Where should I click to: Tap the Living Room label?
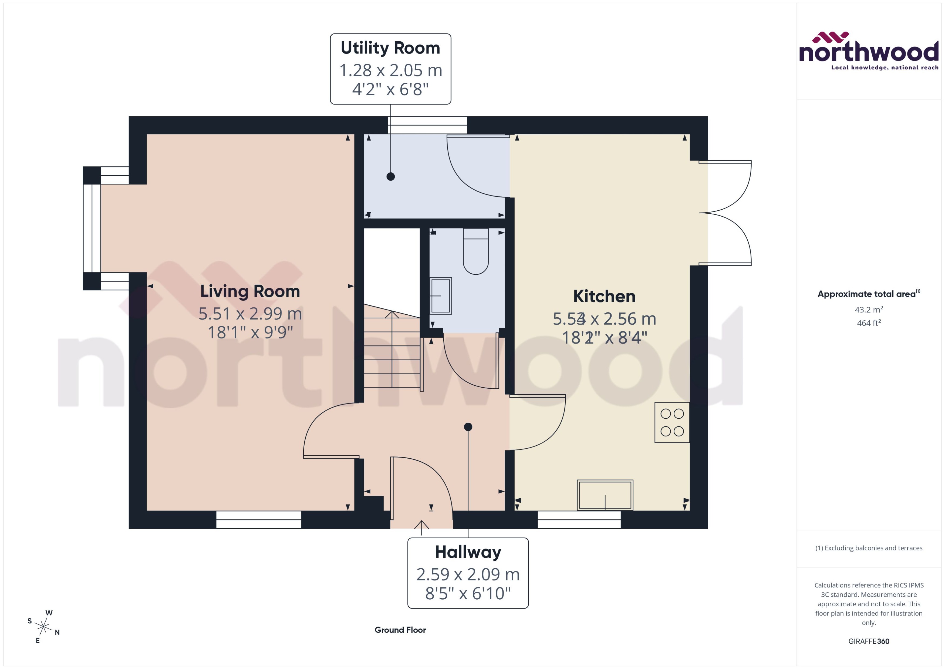click(250, 291)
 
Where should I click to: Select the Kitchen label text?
click(604, 296)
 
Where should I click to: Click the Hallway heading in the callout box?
click(468, 552)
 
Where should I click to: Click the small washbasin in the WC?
click(441, 296)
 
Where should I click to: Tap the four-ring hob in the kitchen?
click(671, 422)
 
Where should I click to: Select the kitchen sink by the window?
click(605, 495)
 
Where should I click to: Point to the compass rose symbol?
click(43, 627)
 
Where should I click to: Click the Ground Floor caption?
click(400, 630)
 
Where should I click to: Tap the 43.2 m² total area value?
click(868, 309)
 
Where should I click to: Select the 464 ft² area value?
click(868, 323)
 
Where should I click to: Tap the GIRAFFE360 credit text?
click(868, 641)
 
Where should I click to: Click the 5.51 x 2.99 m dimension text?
click(250, 314)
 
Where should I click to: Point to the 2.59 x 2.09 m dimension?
click(468, 574)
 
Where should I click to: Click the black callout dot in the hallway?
click(468, 427)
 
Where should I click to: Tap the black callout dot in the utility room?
click(390, 176)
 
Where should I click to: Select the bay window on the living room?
click(92, 228)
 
